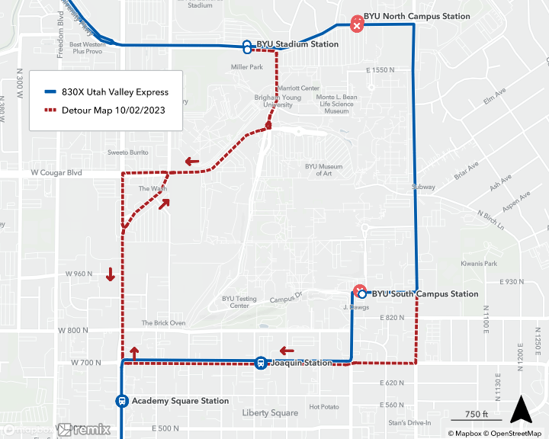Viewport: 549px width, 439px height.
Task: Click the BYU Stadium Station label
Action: [x=297, y=44]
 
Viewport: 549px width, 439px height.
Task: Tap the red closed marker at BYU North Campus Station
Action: [x=356, y=24]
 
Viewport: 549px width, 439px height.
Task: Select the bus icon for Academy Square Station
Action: [x=121, y=401]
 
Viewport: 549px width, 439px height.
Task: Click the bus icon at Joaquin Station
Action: [x=260, y=363]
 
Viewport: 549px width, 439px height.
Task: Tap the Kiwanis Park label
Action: [x=478, y=264]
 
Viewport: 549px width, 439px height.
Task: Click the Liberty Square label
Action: [x=270, y=413]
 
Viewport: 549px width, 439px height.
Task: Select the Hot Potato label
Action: [x=324, y=407]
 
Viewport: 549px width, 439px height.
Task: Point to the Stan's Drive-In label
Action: [x=409, y=423]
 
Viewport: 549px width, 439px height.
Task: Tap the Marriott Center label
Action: [x=299, y=88]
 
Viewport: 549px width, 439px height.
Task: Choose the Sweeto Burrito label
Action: [x=127, y=152]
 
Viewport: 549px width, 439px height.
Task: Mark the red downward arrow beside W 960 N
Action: [x=111, y=274]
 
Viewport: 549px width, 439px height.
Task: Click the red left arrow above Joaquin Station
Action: [x=287, y=351]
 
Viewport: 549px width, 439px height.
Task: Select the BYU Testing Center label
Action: [x=239, y=303]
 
